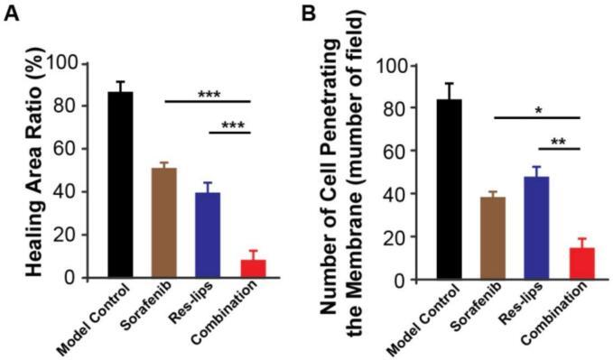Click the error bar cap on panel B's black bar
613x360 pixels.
pyautogui.click(x=449, y=83)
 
